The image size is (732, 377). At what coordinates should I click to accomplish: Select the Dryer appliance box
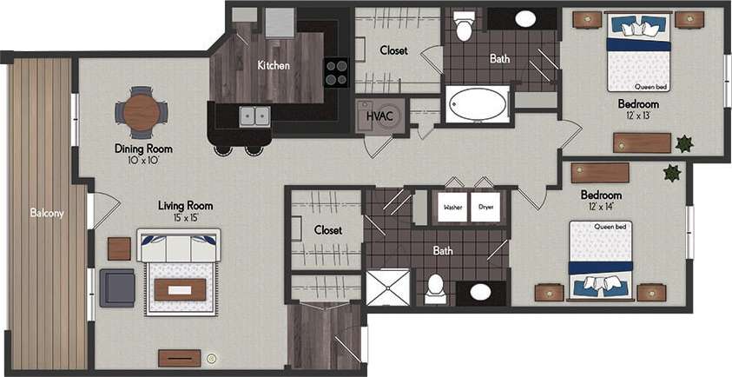(485, 208)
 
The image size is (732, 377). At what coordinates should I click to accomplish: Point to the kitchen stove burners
(336, 72)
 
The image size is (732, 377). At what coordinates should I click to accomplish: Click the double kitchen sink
(254, 115)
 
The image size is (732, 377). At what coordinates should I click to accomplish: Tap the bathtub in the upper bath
(477, 106)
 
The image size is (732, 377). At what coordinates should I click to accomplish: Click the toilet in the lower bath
(436, 287)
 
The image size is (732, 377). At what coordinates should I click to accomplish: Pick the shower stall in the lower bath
(386, 288)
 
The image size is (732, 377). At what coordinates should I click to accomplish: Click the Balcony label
(46, 213)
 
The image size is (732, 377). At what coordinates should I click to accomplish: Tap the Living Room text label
(186, 206)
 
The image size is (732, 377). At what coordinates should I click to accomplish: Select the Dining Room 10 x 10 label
(143, 154)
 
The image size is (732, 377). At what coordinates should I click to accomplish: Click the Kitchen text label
(274, 65)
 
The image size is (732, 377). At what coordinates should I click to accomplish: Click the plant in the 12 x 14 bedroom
(671, 173)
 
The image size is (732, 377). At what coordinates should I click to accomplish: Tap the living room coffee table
(181, 290)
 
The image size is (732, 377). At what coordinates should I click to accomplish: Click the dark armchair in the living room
(116, 288)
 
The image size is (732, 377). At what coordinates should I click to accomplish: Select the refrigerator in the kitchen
(280, 23)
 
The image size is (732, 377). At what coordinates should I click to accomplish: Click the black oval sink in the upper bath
(525, 18)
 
